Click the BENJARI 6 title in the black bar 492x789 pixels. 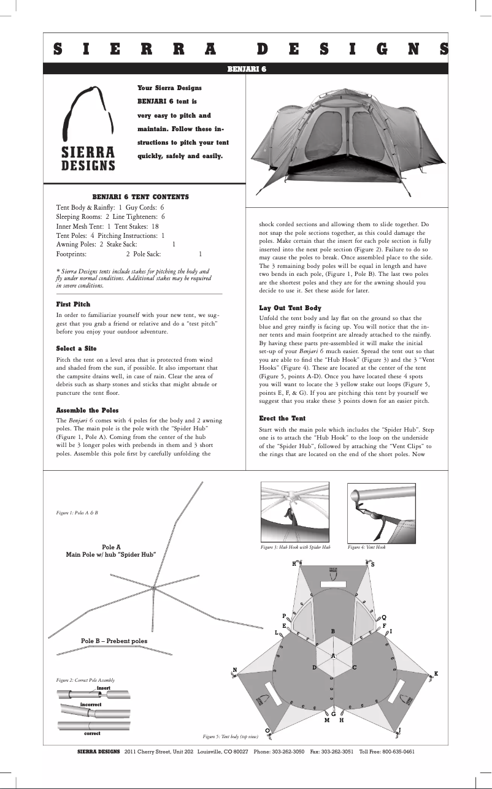click(246, 69)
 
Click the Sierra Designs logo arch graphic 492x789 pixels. click(89, 113)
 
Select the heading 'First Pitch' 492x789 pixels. click(73, 304)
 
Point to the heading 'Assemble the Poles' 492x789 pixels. click(87, 410)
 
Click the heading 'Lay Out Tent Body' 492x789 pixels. click(290, 308)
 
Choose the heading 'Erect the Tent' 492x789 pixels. click(282, 417)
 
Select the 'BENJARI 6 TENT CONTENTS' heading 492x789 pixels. click(140, 197)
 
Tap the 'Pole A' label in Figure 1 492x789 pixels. click(111, 546)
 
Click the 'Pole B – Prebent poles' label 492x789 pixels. click(114, 641)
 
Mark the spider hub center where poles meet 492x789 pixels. click(153, 589)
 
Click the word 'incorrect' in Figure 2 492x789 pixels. click(90, 705)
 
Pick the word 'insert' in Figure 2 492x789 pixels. click(103, 688)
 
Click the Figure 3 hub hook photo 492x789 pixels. click(296, 511)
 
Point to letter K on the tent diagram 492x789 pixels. click(436, 674)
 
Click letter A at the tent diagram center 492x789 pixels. click(333, 656)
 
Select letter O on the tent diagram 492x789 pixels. click(267, 730)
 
